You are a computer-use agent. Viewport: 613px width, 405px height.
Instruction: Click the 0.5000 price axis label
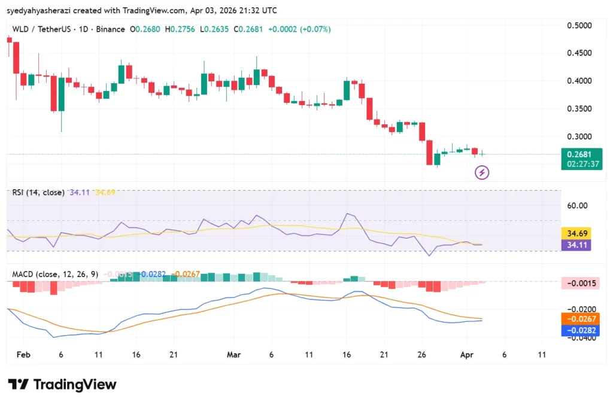(x=579, y=25)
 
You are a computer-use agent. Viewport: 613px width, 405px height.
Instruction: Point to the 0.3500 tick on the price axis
(x=579, y=108)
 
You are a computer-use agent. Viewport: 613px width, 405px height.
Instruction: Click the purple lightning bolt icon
(x=482, y=173)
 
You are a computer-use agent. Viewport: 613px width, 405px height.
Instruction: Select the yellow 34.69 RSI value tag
(x=575, y=233)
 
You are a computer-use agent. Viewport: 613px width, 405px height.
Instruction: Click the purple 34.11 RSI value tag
(x=575, y=244)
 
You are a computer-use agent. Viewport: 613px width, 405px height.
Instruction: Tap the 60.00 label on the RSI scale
(x=578, y=205)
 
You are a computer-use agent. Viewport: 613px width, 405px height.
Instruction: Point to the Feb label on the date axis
(x=23, y=354)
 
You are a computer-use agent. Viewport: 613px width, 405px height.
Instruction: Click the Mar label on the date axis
(x=233, y=354)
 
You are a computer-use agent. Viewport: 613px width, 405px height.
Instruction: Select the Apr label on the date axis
(x=466, y=354)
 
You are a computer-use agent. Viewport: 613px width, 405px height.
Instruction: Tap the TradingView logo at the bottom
(x=62, y=384)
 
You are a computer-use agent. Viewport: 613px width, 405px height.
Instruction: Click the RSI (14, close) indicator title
(x=38, y=193)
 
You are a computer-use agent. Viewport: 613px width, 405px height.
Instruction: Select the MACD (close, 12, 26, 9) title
(x=55, y=274)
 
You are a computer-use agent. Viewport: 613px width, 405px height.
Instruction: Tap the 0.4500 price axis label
(x=579, y=53)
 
